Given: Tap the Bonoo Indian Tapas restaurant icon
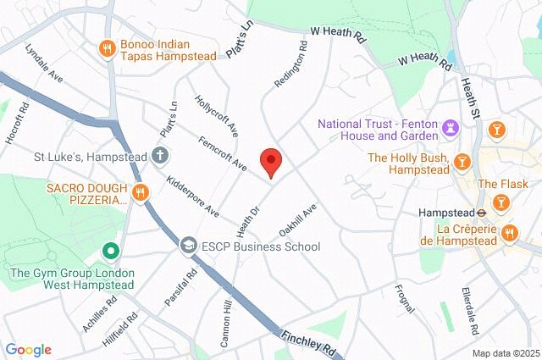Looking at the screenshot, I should pos(107,48).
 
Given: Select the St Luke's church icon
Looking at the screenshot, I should pos(159,156).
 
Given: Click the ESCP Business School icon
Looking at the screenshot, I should pos(187,246).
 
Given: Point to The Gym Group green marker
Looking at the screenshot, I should pos(109,252).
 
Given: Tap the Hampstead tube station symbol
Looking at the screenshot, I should pos(481,213).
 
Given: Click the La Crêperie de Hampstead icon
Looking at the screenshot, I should pos(508,230).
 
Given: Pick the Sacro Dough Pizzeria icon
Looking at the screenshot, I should pos(141,192).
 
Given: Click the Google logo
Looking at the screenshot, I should pos(28,350).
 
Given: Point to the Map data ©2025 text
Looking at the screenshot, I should pos(506,353).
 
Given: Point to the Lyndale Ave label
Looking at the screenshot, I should pos(44,64).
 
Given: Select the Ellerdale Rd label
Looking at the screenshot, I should pos(471,310).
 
